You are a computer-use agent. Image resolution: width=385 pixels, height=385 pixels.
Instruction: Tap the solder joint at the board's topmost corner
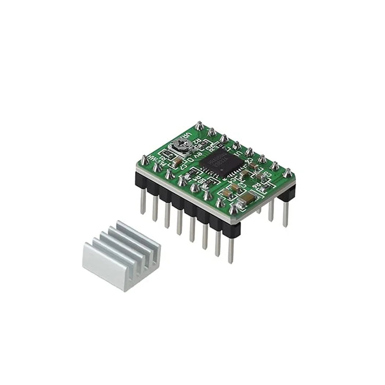coord(199,125)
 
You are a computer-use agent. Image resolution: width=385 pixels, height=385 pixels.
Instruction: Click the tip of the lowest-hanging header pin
coord(231,261)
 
